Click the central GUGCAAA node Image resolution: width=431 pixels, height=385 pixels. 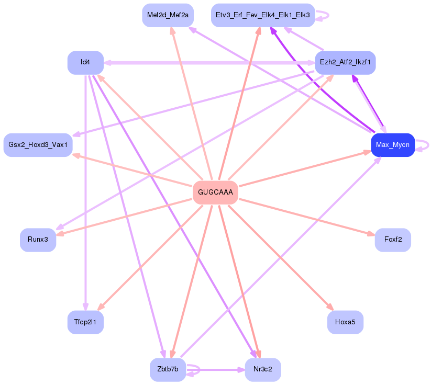(215, 192)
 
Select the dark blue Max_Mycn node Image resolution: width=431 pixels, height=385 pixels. (392, 145)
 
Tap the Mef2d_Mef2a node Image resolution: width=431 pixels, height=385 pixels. (168, 15)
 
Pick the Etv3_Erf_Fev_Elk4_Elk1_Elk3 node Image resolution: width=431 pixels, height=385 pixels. (262, 15)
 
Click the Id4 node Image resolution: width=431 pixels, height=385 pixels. (85, 63)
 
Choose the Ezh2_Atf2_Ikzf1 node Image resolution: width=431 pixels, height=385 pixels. (345, 63)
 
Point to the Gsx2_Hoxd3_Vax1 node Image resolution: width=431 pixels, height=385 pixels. (38, 145)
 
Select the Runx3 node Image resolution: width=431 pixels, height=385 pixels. (38, 240)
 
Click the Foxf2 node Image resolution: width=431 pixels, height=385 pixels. (393, 240)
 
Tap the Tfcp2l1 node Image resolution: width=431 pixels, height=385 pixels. (85, 322)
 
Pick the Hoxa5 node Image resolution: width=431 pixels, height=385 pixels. (345, 322)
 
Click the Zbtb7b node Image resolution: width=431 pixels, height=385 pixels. (168, 370)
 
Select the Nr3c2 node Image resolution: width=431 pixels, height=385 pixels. (262, 370)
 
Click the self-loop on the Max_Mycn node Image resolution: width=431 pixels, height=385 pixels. (422, 145)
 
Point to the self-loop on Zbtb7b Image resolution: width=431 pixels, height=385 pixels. (194, 369)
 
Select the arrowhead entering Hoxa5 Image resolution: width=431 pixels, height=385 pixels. (330, 308)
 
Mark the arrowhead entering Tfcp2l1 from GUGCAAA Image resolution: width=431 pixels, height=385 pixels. (102, 307)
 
